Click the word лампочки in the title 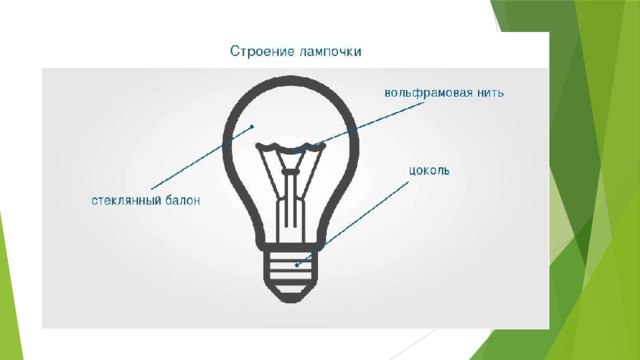330,52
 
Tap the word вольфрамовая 428,93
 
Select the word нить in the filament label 490,93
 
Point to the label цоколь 429,171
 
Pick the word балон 183,200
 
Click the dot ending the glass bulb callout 252,127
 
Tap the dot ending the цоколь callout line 297,265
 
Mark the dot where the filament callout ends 295,153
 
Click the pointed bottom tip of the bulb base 290,302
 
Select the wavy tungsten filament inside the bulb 290,147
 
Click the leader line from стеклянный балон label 202,158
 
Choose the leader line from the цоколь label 352,224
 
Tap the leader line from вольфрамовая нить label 360,127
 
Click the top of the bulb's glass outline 291,79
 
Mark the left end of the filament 258,145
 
